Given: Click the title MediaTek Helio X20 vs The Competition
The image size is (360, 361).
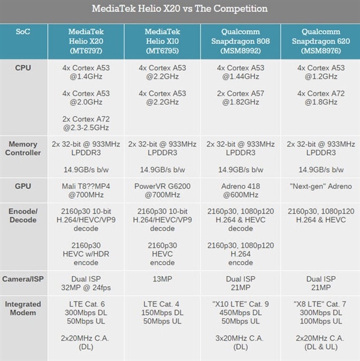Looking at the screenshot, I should [x=180, y=10].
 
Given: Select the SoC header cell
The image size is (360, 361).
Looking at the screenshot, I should [x=23, y=32].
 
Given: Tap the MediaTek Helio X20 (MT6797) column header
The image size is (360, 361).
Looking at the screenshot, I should [x=86, y=40].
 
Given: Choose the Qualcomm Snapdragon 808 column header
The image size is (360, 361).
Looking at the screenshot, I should [x=242, y=40].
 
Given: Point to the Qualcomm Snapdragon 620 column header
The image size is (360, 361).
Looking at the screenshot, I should [x=320, y=40].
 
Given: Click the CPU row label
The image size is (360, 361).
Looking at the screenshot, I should [x=23, y=68].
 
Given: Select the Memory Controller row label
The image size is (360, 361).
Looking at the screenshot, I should [x=23, y=148].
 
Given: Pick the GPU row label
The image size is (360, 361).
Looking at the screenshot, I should [x=23, y=186].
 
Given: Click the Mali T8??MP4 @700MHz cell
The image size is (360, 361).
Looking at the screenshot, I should [x=86, y=191].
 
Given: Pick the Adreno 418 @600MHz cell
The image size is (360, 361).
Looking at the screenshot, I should [x=242, y=191].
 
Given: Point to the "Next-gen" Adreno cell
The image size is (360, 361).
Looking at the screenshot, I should [x=320, y=186].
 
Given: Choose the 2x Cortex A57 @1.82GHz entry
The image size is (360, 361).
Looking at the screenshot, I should [x=242, y=98].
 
